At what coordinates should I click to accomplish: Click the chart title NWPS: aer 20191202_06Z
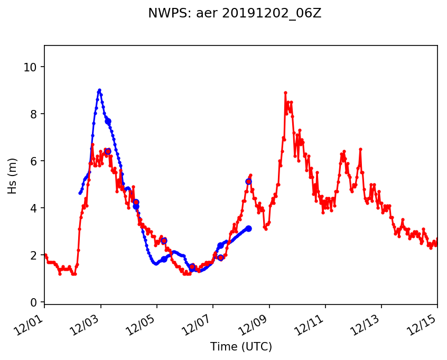[235, 14]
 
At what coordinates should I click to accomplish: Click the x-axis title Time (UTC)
[241, 347]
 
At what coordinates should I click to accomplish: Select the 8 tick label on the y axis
[34, 114]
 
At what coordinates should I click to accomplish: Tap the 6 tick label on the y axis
[34, 161]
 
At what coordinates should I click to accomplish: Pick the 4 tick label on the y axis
[34, 208]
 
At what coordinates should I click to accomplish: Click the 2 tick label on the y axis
[34, 255]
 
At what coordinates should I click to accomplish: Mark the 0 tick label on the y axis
[34, 302]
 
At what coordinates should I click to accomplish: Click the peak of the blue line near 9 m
[99, 90]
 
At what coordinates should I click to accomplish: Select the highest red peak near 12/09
[285, 93]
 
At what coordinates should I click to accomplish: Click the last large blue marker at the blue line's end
[248, 228]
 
